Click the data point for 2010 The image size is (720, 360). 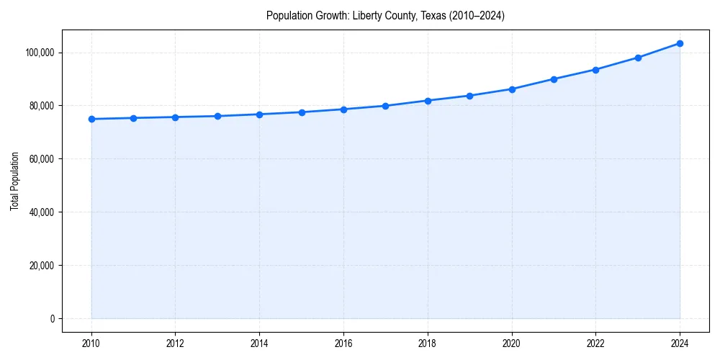click(x=91, y=119)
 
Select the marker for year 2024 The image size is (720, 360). click(x=680, y=43)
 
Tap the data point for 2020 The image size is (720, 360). click(x=512, y=89)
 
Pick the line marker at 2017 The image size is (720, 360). click(x=385, y=106)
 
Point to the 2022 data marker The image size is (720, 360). click(x=595, y=70)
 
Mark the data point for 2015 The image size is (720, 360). click(x=302, y=112)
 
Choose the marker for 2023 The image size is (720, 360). click(x=638, y=58)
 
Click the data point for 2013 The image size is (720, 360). click(x=217, y=116)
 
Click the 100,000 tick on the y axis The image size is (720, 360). click(x=40, y=53)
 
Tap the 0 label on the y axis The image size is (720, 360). click(x=53, y=319)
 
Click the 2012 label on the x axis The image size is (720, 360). click(x=175, y=343)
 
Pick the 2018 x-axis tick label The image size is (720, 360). click(x=428, y=343)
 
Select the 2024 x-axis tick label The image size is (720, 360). click(x=680, y=343)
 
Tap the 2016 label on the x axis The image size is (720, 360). click(x=343, y=343)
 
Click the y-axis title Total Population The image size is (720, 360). click(x=15, y=181)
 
